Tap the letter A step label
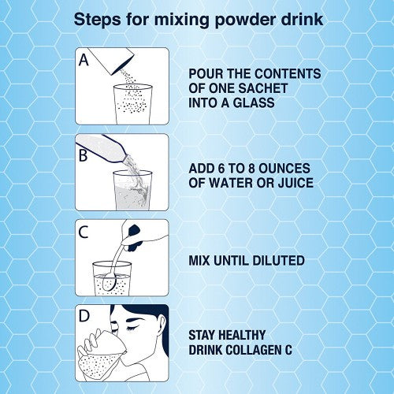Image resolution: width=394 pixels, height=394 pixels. tap(84, 60)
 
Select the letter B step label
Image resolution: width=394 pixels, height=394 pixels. tap(83, 155)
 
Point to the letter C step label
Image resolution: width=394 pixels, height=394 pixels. tap(84, 232)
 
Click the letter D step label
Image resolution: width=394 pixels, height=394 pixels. tap(84, 316)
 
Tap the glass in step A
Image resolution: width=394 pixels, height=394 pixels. tap(133, 104)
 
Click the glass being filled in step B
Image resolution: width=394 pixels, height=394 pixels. tap(133, 190)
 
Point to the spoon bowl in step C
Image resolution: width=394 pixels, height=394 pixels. tap(109, 282)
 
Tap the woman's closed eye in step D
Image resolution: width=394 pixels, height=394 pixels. tap(133, 328)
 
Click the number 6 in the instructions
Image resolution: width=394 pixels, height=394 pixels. tap(221, 169)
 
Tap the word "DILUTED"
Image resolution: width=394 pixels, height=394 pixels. tap(278, 260)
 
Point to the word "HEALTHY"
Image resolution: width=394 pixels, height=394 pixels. tap(242, 335)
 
